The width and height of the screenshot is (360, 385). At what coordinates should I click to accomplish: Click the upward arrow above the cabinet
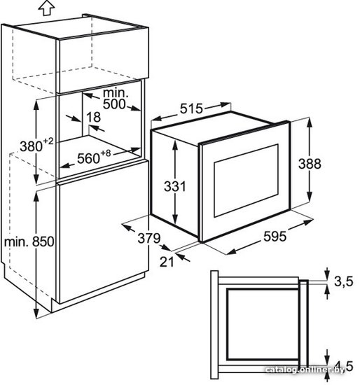46,8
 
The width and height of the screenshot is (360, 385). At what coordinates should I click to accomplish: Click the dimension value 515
192,108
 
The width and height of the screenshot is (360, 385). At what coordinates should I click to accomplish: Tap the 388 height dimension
310,164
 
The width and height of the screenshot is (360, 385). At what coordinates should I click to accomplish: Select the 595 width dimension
275,236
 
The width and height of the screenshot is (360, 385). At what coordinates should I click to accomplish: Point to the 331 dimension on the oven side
175,186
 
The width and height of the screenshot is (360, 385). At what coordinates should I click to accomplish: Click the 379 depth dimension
149,238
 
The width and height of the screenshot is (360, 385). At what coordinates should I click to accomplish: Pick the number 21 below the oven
167,262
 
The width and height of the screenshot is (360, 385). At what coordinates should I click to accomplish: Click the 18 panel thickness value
93,117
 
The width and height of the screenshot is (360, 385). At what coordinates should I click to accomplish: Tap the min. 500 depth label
116,99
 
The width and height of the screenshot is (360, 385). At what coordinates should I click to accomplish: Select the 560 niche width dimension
88,158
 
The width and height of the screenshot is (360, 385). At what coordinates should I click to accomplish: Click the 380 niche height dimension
31,146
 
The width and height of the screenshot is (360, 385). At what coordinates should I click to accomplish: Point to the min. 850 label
29,242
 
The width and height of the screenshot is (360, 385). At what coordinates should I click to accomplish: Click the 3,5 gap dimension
343,281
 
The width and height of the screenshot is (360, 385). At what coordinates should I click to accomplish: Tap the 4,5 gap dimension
344,366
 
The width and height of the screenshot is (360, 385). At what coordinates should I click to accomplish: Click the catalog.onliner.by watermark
305,370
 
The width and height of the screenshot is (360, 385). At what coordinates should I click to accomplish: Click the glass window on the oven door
247,181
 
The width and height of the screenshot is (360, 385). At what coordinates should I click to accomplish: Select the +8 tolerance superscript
106,153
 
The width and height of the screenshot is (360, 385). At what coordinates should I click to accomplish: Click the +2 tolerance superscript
48,141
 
